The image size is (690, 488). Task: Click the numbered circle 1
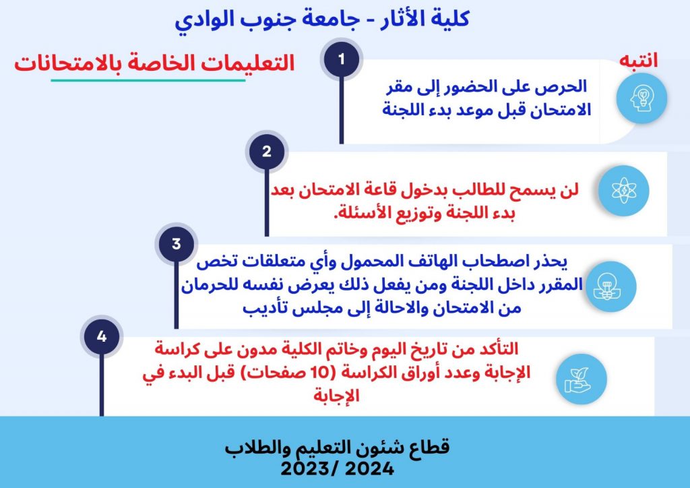coord(342,59)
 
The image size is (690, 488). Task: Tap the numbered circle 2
coord(267,152)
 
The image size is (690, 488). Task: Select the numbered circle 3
coord(177,244)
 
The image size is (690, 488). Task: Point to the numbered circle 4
coord(102,336)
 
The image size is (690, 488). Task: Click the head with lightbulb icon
coord(641,98)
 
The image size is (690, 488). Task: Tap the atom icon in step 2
coord(624,191)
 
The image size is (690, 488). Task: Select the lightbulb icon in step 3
coord(610,286)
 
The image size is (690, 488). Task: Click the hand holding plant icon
coord(582,379)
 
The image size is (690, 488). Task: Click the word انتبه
coord(639,60)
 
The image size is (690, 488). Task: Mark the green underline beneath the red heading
coord(148,80)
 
